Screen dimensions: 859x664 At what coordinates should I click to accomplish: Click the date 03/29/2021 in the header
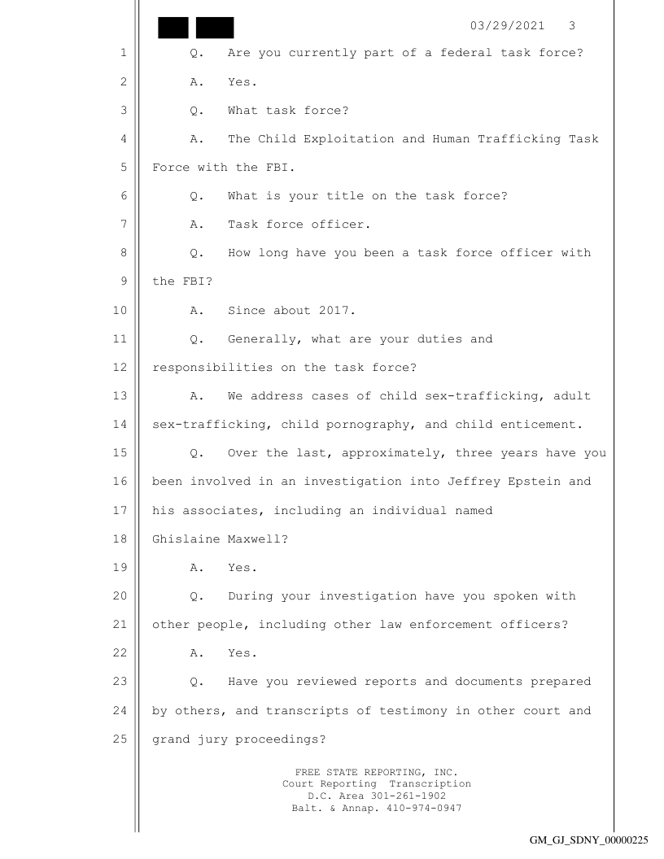tap(509, 25)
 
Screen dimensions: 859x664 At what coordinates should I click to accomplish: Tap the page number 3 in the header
tap(572, 25)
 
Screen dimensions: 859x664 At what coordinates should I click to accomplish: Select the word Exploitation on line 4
tap(343, 139)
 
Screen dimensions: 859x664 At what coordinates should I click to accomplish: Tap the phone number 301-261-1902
tap(398, 795)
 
